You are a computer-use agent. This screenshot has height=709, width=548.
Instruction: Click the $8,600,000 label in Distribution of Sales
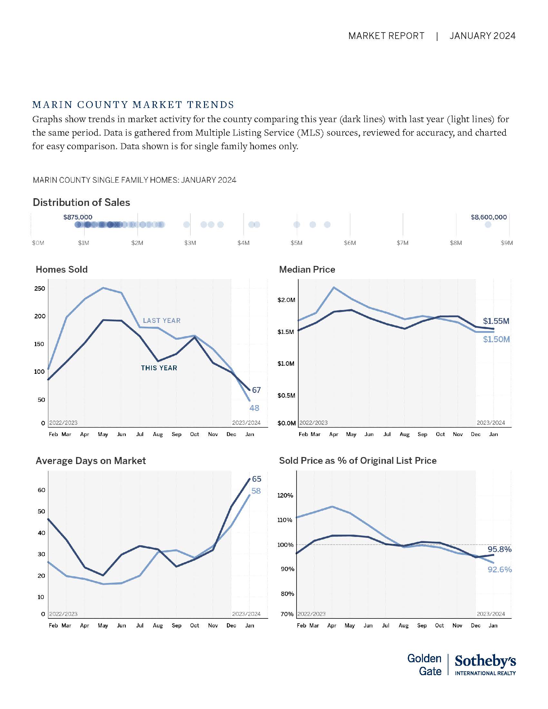(x=489, y=217)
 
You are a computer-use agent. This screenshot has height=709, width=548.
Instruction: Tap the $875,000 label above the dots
(x=78, y=217)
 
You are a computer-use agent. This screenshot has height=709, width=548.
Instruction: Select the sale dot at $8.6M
(x=488, y=225)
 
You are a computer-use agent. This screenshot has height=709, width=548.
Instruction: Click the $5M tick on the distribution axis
(x=296, y=243)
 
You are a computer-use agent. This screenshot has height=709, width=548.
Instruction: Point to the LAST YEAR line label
(x=162, y=320)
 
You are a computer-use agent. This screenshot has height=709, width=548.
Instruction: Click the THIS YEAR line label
(x=159, y=368)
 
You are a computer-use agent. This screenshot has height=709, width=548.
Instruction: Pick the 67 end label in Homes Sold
(x=256, y=390)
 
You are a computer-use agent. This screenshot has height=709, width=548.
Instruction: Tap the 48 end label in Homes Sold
(x=254, y=408)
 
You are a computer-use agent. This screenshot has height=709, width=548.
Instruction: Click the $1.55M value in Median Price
(x=496, y=321)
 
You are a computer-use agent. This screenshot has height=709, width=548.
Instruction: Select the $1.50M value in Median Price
(x=496, y=340)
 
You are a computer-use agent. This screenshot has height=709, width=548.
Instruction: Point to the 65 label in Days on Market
(x=257, y=479)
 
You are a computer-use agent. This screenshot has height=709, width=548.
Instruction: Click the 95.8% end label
(x=499, y=549)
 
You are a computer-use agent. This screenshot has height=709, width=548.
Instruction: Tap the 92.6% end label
(x=500, y=569)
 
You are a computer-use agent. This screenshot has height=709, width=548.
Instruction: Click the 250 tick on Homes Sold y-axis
(x=40, y=289)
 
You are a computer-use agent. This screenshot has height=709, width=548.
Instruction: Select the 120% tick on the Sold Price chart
(x=285, y=495)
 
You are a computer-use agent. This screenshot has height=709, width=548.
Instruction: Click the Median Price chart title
(x=307, y=269)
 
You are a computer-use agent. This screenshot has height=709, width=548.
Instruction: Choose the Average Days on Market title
(x=91, y=461)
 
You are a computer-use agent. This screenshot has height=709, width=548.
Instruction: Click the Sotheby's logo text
(x=485, y=661)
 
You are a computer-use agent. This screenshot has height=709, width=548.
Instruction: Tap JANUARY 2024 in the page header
(x=483, y=36)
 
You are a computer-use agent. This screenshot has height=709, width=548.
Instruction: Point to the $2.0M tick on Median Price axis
(x=286, y=300)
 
